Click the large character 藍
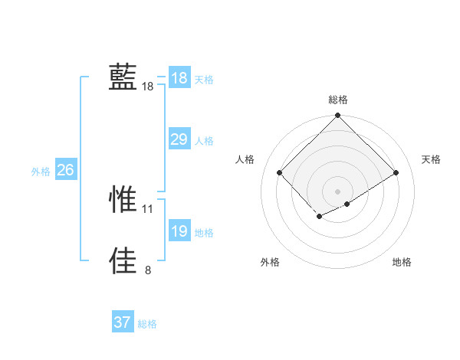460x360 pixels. (123, 77)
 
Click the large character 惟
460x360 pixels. (123, 198)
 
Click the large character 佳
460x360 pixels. (123, 260)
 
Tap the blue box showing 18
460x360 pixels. (179, 78)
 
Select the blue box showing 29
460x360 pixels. (179, 139)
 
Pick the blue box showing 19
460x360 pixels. (179, 231)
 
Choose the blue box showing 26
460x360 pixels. (65, 170)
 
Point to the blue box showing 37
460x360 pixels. (123, 322)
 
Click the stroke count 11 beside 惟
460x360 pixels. (148, 208)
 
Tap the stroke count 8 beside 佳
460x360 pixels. (148, 270)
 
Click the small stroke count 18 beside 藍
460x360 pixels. (148, 87)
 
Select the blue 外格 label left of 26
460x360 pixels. (41, 172)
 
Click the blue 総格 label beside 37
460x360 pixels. (147, 324)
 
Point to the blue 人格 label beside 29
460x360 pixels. (204, 141)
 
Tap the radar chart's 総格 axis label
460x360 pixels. (338, 100)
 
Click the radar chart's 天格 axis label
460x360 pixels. (432, 159)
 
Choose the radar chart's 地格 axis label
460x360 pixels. (402, 262)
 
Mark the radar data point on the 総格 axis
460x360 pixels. (338, 116)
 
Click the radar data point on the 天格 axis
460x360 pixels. (396, 172)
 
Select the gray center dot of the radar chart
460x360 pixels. (338, 191)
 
